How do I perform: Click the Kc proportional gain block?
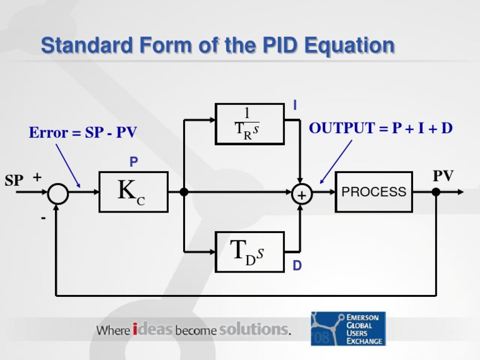pyautogui.click(x=133, y=192)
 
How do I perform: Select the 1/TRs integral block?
pyautogui.click(x=249, y=124)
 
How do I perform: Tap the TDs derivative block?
pyautogui.click(x=249, y=252)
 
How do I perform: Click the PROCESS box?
pyautogui.click(x=374, y=192)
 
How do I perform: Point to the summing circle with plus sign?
pyautogui.click(x=301, y=195)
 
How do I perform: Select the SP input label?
pyautogui.click(x=14, y=181)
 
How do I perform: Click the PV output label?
pyautogui.click(x=443, y=176)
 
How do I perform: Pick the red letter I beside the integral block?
pyautogui.click(x=295, y=107)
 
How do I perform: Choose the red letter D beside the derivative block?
pyautogui.click(x=297, y=266)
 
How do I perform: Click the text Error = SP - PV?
pyautogui.click(x=82, y=133)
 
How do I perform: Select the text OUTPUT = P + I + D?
pyautogui.click(x=381, y=129)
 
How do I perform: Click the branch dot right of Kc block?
pyautogui.click(x=184, y=192)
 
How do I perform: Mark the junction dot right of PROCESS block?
pyautogui.click(x=436, y=192)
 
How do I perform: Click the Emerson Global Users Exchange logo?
pyautogui.click(x=348, y=329)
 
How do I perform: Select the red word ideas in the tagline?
pyautogui.click(x=152, y=329)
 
